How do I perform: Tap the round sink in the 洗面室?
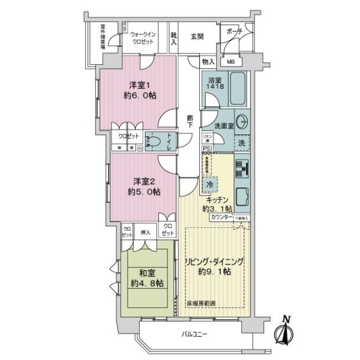[x=242, y=121]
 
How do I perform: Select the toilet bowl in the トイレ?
[x=154, y=142]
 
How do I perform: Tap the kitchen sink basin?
[x=242, y=196]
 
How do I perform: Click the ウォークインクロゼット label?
[x=146, y=38]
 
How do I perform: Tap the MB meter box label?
[x=230, y=61]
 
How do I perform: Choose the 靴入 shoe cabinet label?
[x=173, y=39]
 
